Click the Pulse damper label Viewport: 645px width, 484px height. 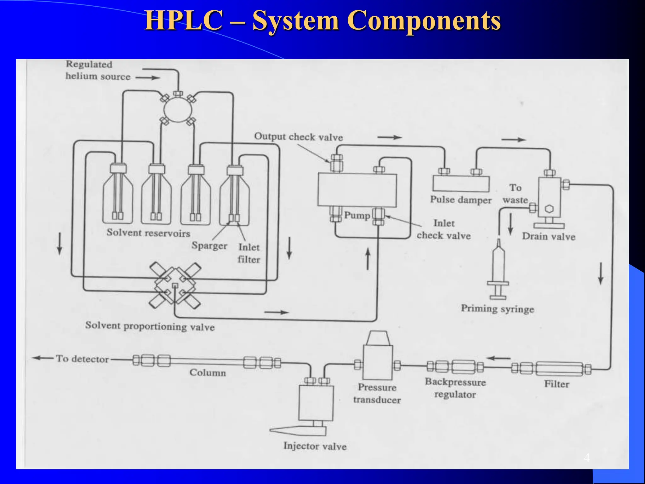[461, 200]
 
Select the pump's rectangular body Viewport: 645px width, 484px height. [357, 190]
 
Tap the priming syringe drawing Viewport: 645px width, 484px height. [498, 271]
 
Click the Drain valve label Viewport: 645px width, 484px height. [549, 237]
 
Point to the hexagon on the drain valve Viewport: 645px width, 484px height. [549, 209]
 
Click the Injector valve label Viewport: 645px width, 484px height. [315, 446]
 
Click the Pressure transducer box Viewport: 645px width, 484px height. [378, 362]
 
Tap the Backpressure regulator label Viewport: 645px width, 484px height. [455, 388]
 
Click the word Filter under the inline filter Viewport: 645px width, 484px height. [557, 384]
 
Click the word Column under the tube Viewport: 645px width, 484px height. [208, 373]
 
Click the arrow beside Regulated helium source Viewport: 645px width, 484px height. [148, 78]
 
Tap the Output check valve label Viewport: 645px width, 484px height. [298, 137]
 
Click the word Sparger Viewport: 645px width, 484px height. [209, 245]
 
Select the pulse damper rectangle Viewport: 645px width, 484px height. [461, 184]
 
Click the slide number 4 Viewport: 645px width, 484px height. [586, 458]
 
